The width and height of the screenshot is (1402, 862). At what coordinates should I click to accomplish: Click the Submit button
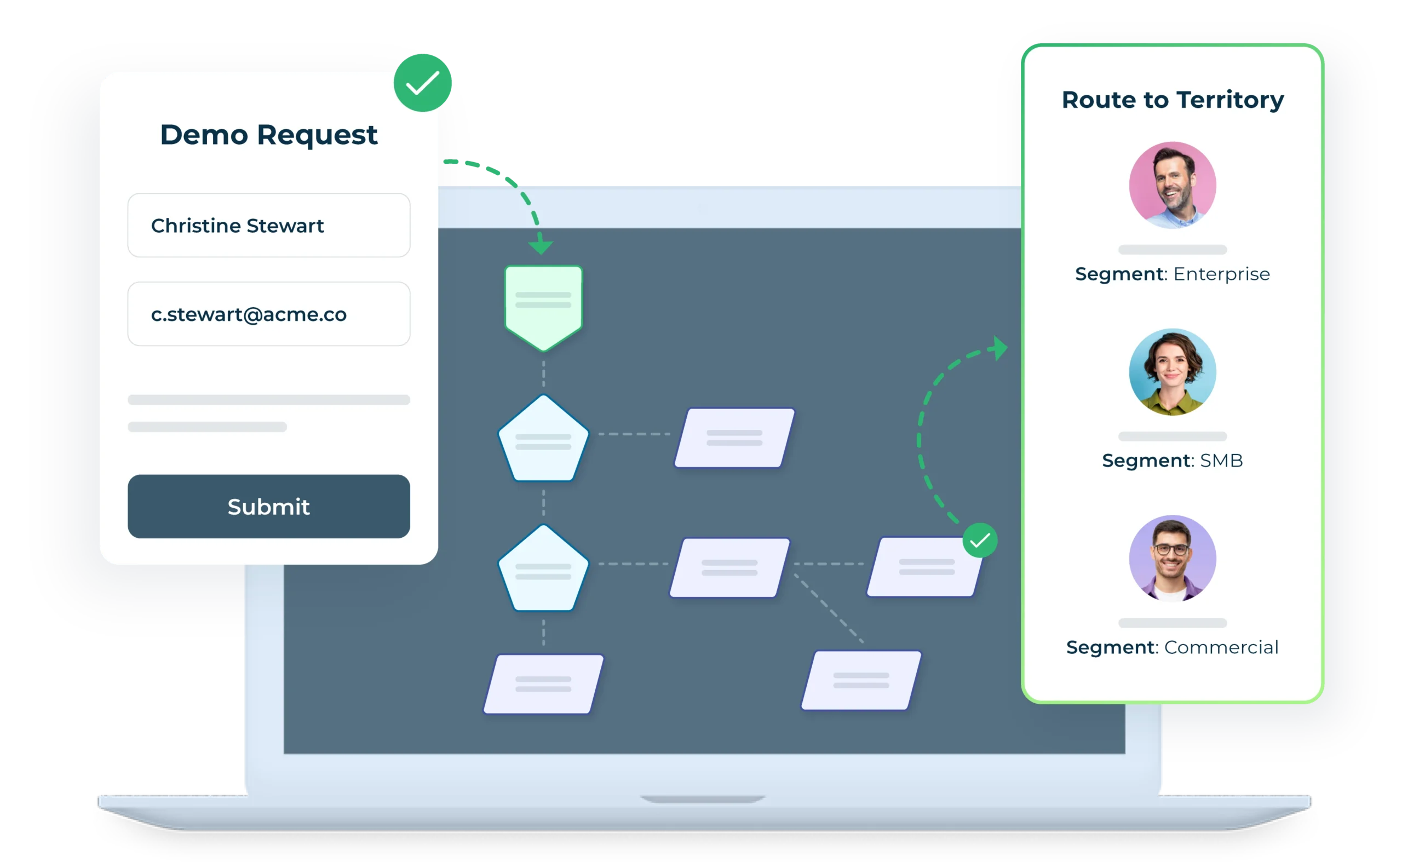point(268,506)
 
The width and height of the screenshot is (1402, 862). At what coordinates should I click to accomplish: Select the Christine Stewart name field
point(268,225)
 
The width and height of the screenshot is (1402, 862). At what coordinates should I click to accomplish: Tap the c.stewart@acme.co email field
point(268,314)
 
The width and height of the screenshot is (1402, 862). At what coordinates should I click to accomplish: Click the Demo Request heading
point(268,135)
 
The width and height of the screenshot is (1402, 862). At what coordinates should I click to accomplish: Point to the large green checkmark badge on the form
point(422,83)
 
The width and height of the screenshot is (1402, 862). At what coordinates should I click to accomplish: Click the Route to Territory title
point(1172,100)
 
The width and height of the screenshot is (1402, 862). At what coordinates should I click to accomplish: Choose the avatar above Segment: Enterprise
point(1172,185)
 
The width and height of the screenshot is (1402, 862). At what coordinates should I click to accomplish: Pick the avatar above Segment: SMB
point(1172,372)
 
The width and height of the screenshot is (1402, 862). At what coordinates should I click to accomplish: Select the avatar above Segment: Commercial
point(1172,558)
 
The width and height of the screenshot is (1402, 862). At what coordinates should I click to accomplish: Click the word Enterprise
point(1221,274)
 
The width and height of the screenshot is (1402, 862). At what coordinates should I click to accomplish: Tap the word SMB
point(1221,461)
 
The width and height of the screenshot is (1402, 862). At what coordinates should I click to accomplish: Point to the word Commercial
point(1221,648)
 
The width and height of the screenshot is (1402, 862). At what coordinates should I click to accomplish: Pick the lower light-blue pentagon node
point(543,570)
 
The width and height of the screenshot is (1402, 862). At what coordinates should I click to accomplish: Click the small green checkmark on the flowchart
point(980,540)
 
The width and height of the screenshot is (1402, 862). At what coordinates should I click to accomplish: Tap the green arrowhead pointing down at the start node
point(541,246)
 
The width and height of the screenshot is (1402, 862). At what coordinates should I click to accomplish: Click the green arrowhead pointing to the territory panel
point(999,348)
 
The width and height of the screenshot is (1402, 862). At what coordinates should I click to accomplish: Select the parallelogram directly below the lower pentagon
point(543,683)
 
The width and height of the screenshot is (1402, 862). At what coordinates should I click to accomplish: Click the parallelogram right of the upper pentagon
point(734,438)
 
